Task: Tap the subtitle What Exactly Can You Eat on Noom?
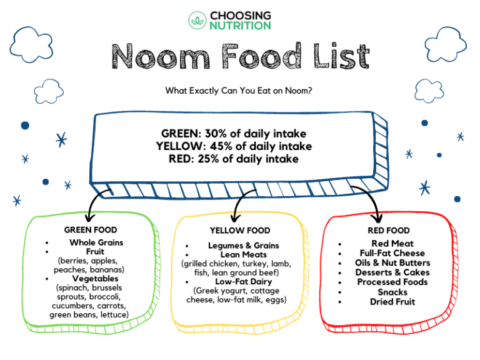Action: coord(239,91)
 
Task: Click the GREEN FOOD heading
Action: coord(91,230)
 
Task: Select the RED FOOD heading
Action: coord(389,231)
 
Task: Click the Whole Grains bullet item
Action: coord(96,242)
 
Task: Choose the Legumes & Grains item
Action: coord(244,246)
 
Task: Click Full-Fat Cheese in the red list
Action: coord(392,253)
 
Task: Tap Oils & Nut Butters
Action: coord(392,263)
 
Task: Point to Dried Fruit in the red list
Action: coord(392,302)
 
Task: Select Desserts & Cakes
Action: coord(392,272)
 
